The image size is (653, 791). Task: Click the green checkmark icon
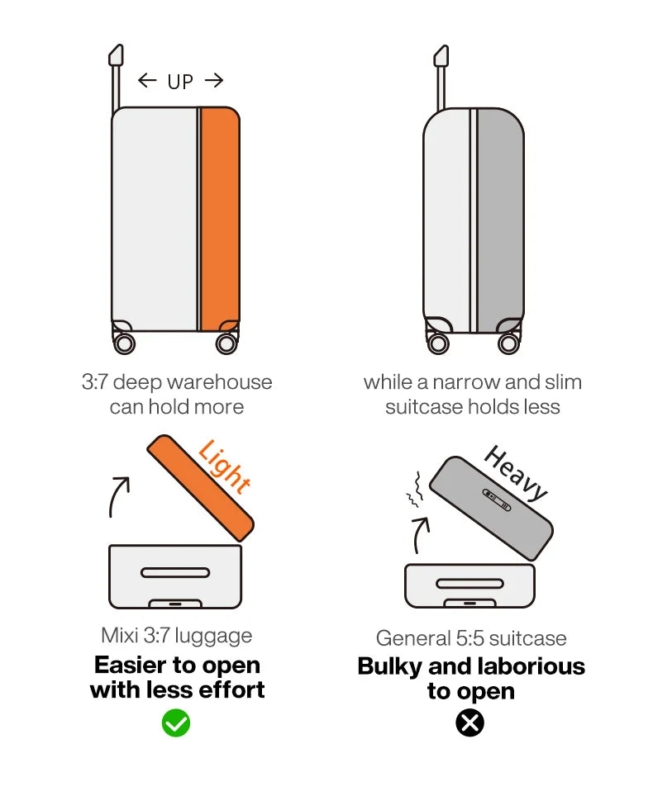coord(176,723)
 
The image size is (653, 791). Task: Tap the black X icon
coord(469,723)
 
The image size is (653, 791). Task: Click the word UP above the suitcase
coord(180,82)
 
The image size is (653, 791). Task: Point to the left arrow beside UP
coord(147,80)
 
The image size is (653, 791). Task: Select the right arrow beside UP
coord(214,80)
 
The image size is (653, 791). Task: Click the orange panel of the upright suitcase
coord(220,219)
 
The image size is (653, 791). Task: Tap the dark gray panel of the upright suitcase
coord(500,220)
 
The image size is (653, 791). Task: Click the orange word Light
coord(224,467)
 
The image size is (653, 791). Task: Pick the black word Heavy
coord(516,473)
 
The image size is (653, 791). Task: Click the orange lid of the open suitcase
coord(201,488)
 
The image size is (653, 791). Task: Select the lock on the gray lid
coord(497,500)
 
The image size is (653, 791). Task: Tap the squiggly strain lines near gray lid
coord(414,490)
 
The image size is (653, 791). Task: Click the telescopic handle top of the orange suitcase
coord(117,55)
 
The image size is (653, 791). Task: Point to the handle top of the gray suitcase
coord(441,56)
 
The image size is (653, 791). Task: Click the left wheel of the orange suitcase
coord(124,343)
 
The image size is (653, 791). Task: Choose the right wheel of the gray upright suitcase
coord(508,343)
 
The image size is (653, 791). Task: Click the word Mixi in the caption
coord(120,636)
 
